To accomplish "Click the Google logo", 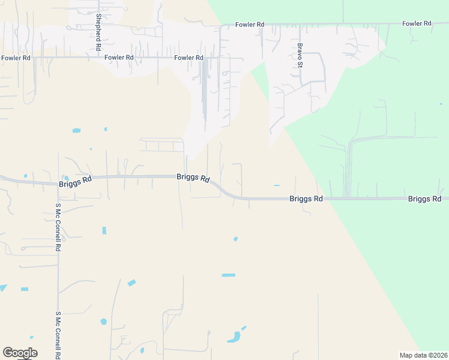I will [20, 353].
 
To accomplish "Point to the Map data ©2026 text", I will [423, 355].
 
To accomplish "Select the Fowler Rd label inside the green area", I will [417, 23].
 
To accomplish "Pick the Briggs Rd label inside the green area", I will [424, 199].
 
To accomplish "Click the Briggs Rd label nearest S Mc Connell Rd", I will [75, 182].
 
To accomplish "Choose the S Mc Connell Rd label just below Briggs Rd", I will [58, 227].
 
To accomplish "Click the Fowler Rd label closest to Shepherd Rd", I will [119, 58].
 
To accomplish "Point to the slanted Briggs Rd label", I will [193, 178].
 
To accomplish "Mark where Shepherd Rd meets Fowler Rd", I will [98, 58].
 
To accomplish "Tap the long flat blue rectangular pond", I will [228, 275].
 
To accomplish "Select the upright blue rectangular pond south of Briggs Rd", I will [104, 230].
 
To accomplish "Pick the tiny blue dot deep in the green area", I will [441, 104].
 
